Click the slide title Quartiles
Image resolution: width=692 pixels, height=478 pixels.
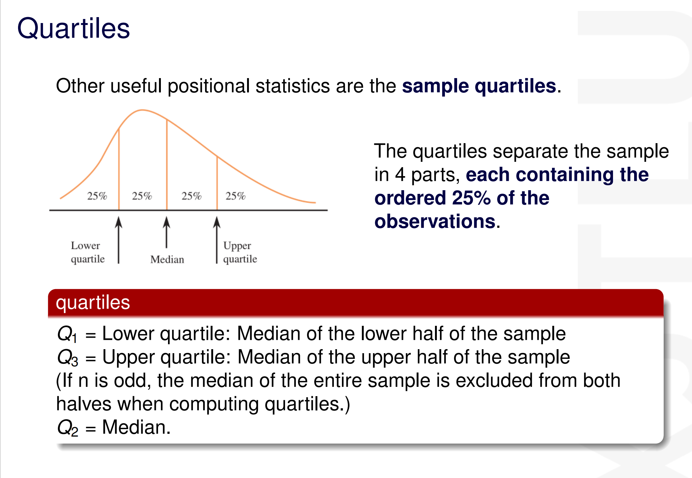[x=73, y=28]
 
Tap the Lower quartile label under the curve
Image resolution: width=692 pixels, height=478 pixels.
[x=88, y=252]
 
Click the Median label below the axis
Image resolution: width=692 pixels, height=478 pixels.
[x=167, y=259]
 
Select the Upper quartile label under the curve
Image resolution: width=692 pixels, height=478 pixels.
[x=240, y=252]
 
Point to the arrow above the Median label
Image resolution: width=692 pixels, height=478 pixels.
[x=167, y=232]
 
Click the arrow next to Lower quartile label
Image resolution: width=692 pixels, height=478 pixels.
[x=119, y=240]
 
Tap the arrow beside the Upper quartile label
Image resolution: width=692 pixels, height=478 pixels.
[x=217, y=240]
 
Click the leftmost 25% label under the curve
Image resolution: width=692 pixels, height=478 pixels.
[x=97, y=196]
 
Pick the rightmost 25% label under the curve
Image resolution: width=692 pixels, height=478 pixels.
[x=236, y=196]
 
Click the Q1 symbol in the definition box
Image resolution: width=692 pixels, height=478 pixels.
[x=67, y=334]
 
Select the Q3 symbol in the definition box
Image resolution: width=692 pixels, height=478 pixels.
[x=68, y=357]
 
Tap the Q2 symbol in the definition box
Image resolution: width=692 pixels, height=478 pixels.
[x=68, y=428]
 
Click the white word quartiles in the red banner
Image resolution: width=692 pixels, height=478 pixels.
[x=93, y=303]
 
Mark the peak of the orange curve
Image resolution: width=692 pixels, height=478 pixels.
[x=142, y=110]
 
